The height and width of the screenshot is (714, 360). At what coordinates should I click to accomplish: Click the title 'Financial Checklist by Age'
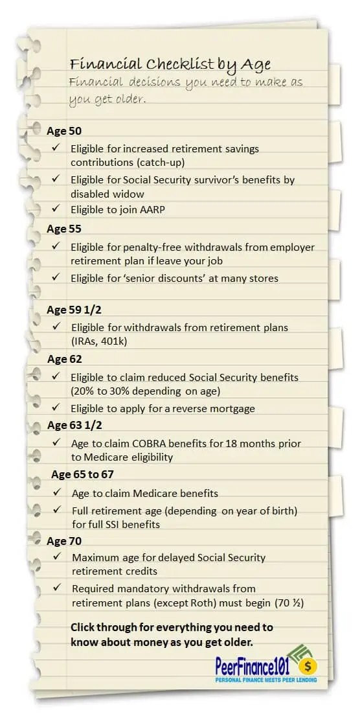pos(170,63)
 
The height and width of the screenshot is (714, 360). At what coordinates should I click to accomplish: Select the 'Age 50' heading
pos(64,131)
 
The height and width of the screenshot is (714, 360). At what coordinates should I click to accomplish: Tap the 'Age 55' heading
pos(64,229)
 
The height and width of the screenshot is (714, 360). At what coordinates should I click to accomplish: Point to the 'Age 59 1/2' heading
pos(74,310)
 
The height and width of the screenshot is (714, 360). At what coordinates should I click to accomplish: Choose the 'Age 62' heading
pos(64,359)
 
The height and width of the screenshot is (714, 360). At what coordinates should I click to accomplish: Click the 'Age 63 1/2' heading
pos(74,425)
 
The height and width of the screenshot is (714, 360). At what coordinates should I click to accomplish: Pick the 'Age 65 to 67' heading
pos(82,474)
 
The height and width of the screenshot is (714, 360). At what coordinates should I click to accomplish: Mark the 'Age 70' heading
pos(64,540)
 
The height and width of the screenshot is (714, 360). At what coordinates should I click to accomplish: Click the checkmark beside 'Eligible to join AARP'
pos(56,208)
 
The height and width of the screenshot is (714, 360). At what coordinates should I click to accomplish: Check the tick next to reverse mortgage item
pos(56,408)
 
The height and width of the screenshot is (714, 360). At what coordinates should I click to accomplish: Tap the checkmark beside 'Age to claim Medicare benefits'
pos(58,492)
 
